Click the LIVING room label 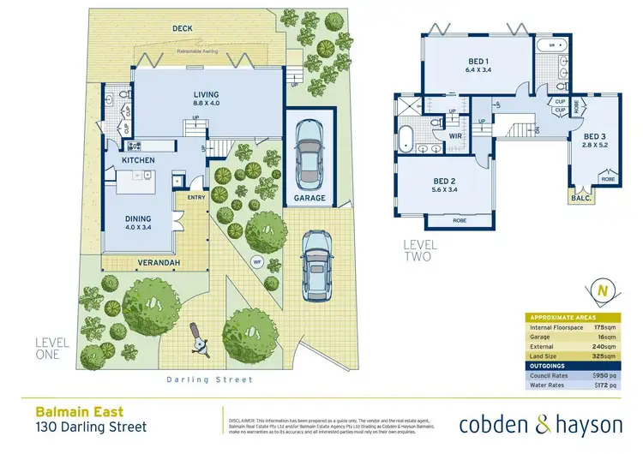(206, 94)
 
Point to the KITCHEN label (137, 160)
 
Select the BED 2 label (443, 182)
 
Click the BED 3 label (597, 137)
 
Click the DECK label (182, 28)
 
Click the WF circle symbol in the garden (255, 260)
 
